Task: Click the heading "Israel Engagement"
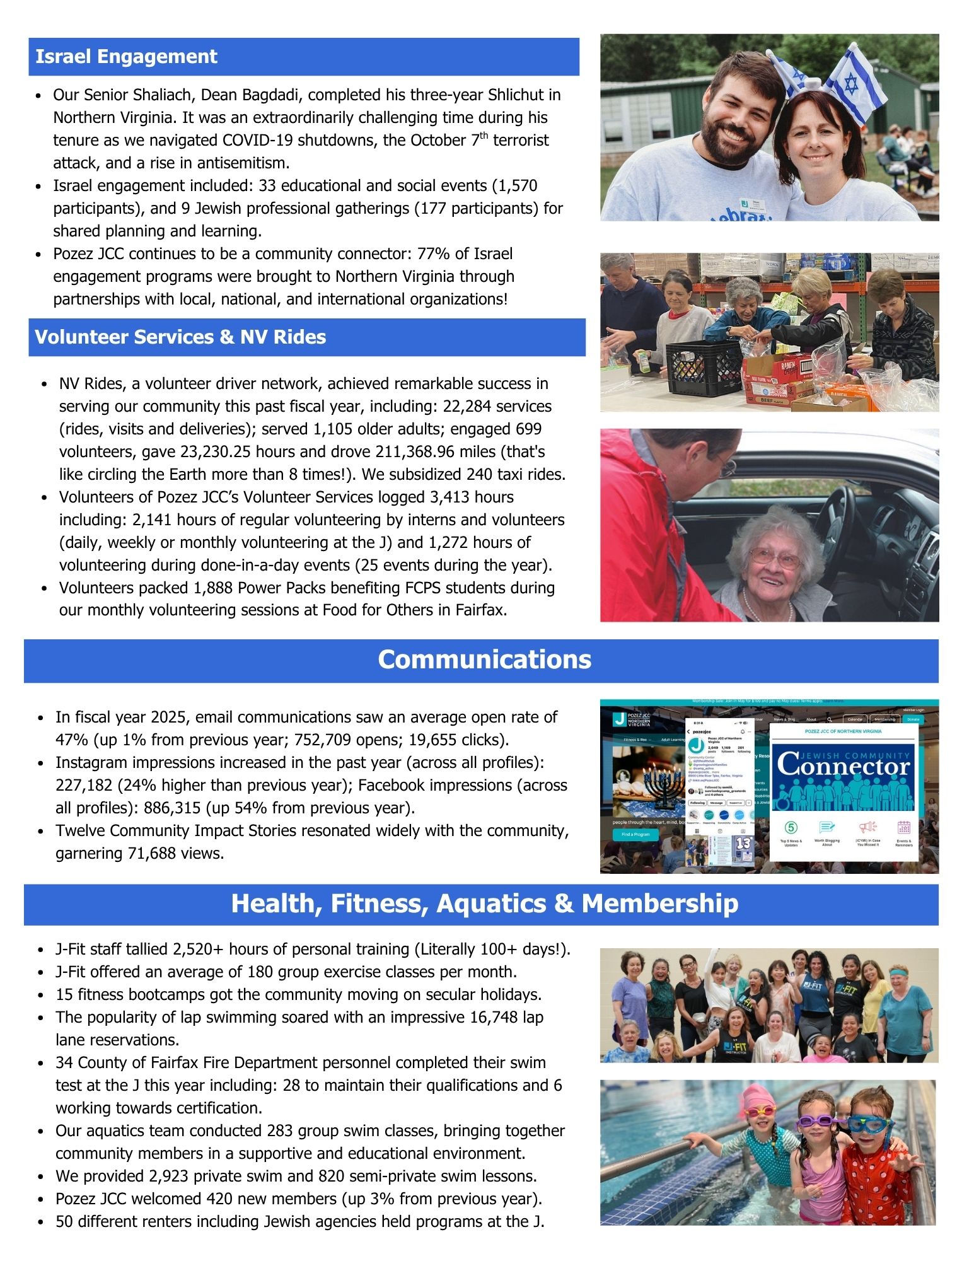[x=126, y=57]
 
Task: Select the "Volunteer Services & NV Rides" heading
[x=180, y=337]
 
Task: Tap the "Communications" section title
[x=484, y=660]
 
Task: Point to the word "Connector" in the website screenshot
[x=844, y=767]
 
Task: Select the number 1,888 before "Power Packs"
[x=213, y=588]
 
